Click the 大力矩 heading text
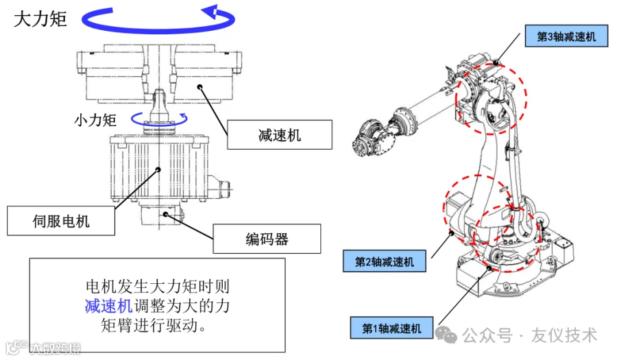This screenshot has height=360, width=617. click(x=40, y=19)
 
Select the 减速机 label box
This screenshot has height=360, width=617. click(x=280, y=135)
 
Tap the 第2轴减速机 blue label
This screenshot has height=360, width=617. click(x=385, y=261)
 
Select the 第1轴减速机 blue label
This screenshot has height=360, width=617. click(x=392, y=328)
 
